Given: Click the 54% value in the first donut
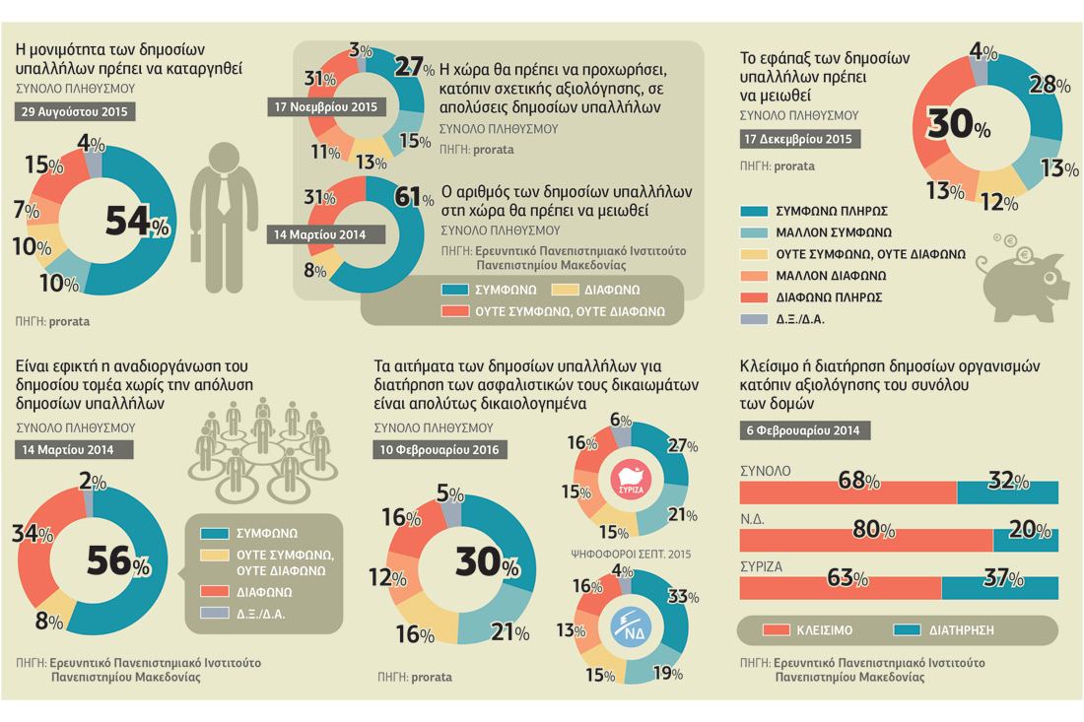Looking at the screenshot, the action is pyautogui.click(x=137, y=222).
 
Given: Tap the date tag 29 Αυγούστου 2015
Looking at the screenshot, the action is pyautogui.click(x=75, y=112).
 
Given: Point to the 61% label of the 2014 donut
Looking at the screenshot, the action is pyautogui.click(x=414, y=198).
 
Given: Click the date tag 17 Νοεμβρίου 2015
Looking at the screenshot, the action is pyautogui.click(x=325, y=107).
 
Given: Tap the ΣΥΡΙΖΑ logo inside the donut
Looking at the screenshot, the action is pyautogui.click(x=631, y=480).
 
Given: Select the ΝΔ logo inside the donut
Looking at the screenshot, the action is pyautogui.click(x=631, y=626).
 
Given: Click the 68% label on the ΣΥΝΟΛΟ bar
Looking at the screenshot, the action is pyautogui.click(x=858, y=480).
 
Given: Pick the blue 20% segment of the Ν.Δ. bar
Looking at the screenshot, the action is pyautogui.click(x=1025, y=540).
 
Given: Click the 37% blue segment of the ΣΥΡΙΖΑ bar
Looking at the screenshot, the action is pyautogui.click(x=999, y=588).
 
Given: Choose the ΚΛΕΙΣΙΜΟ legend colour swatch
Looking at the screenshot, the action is pyautogui.click(x=776, y=630).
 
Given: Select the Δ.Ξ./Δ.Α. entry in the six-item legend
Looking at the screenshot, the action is pyautogui.click(x=781, y=319).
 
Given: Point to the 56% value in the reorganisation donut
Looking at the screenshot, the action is pyautogui.click(x=118, y=561).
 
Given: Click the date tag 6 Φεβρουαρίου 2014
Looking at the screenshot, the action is pyautogui.click(x=805, y=430).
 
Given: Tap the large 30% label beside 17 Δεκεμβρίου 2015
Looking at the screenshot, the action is pyautogui.click(x=958, y=124).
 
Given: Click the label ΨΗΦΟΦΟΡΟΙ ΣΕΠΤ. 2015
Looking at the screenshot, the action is pyautogui.click(x=631, y=555).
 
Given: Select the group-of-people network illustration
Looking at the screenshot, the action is pyautogui.click(x=263, y=450).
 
